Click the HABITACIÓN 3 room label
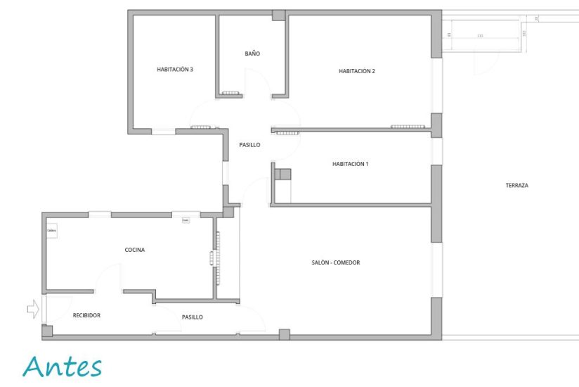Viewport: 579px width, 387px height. tap(174, 70)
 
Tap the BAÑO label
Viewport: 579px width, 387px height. tap(252, 53)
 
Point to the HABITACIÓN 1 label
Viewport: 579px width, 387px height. tap(350, 164)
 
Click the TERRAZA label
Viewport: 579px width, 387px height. tap(516, 186)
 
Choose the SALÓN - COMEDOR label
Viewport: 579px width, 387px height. tap(335, 262)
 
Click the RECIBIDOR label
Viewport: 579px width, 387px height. tap(86, 315)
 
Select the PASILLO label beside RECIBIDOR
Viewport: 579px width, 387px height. tap(192, 317)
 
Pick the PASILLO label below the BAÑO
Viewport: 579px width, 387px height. tap(249, 145)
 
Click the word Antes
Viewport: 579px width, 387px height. tap(62, 367)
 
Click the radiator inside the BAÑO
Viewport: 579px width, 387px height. tap(230, 94)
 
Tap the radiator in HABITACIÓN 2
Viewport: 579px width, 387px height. tap(409, 127)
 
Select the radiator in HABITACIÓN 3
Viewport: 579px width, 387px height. tap(201, 127)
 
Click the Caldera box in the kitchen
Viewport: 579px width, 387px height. tap(51, 231)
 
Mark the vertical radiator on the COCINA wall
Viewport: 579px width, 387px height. tap(212, 258)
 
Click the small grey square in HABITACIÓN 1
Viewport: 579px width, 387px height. tap(285, 175)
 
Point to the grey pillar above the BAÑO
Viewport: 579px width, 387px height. tap(278, 15)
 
